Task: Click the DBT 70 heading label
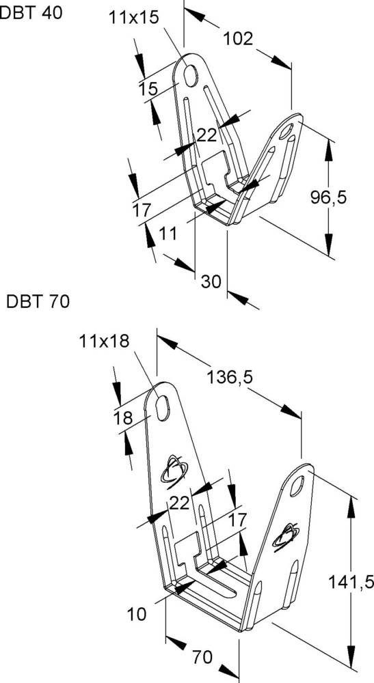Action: pos(38,301)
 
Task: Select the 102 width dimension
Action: pos(238,39)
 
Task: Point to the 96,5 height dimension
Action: pos(329,197)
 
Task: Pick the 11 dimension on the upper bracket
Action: pos(168,234)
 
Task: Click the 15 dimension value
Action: pos(148,88)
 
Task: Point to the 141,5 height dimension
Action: pos(349,582)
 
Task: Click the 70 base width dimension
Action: pos(202,657)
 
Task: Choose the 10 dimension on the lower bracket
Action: pos(137,614)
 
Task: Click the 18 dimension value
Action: pos(123,419)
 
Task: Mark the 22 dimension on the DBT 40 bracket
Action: pos(206,135)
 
